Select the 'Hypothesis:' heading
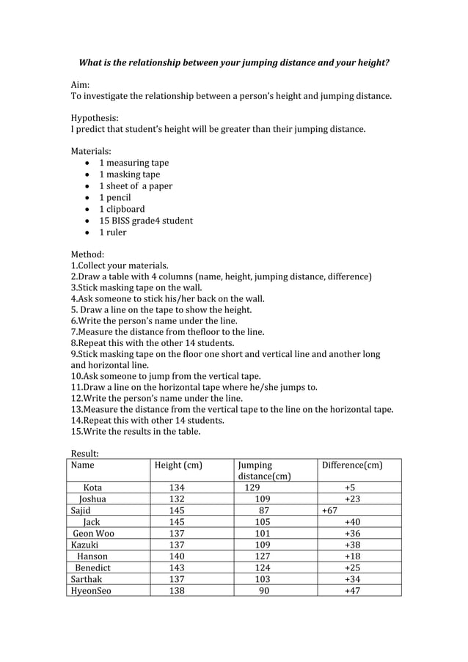[x=95, y=117]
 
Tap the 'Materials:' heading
[x=90, y=151]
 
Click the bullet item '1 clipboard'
[x=122, y=209]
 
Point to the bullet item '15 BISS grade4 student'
[x=146, y=221]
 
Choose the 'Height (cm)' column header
[x=178, y=465]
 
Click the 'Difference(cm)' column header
[x=352, y=465]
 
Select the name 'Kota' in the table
[x=93, y=488]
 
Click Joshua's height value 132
[x=177, y=499]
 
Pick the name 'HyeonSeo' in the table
[x=91, y=590]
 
